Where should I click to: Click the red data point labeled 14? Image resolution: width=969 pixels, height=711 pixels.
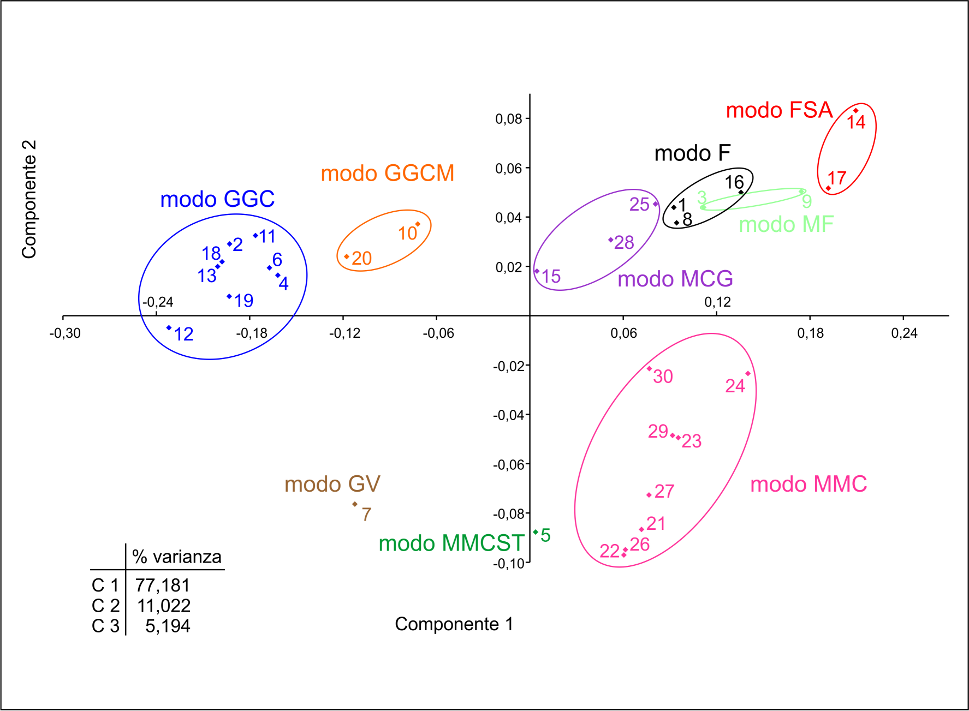pyautogui.click(x=855, y=111)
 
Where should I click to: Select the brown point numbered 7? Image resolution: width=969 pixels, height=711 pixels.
pyautogui.click(x=355, y=504)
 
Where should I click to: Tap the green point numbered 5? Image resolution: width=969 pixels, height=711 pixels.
pyautogui.click(x=536, y=532)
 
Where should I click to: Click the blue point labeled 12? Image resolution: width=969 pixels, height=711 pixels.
pyautogui.click(x=169, y=328)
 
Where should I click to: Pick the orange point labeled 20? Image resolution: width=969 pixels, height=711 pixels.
pyautogui.click(x=347, y=256)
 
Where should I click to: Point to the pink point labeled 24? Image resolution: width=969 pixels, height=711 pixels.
pyautogui.click(x=748, y=374)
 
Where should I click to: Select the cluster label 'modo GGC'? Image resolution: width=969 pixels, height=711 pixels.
pyautogui.click(x=217, y=199)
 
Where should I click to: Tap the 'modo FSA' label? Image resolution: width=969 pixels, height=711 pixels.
pyautogui.click(x=779, y=110)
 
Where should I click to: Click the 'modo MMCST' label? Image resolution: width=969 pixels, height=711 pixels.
pyautogui.click(x=451, y=543)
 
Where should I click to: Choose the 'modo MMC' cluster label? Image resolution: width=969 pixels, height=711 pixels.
pyautogui.click(x=809, y=485)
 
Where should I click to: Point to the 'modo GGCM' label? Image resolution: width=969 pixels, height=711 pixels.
pyautogui.click(x=388, y=174)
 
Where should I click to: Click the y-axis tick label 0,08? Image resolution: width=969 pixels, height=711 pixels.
pyautogui.click(x=509, y=119)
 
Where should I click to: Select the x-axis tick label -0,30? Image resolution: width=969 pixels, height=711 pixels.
pyautogui.click(x=65, y=333)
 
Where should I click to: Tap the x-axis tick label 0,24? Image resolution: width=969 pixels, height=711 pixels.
pyautogui.click(x=904, y=333)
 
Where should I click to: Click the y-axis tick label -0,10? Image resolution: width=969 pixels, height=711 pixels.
pyautogui.click(x=509, y=564)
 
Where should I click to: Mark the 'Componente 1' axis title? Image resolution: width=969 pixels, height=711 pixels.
pyautogui.click(x=454, y=624)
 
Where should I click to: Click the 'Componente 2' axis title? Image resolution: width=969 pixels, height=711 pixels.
pyautogui.click(x=29, y=199)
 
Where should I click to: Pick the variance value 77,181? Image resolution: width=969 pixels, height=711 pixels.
pyautogui.click(x=163, y=585)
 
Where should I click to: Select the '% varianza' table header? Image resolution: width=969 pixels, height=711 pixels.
pyautogui.click(x=177, y=557)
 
